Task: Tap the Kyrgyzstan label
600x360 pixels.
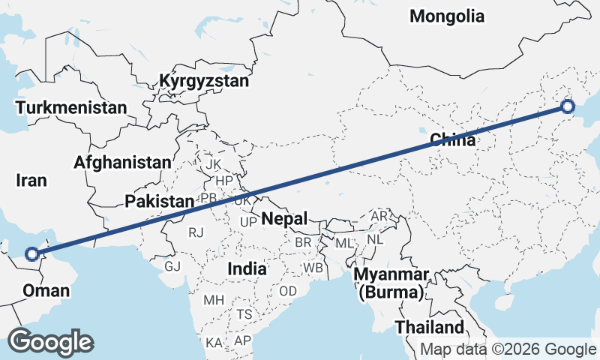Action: pos(203,81)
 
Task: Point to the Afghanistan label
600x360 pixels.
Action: pos(122,162)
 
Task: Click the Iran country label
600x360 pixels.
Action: pos(32,181)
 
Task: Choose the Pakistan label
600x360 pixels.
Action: pos(159,201)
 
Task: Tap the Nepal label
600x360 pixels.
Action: pos(285,219)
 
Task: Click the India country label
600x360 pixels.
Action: pos(248,268)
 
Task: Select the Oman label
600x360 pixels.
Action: pos(46,291)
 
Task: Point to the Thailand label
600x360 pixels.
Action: pos(430,328)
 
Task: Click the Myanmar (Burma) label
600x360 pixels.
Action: pos(392,283)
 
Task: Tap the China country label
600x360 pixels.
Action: pos(452,140)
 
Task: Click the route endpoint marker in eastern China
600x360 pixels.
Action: pos(568,106)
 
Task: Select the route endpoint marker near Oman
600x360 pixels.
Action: pos(31,253)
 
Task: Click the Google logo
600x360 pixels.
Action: pos(51,342)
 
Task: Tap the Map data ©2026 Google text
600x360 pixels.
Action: pos(508,349)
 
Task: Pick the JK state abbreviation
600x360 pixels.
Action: pos(214,163)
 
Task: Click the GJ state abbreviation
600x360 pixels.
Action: pos(172,265)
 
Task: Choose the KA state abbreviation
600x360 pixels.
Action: pos(214,343)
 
